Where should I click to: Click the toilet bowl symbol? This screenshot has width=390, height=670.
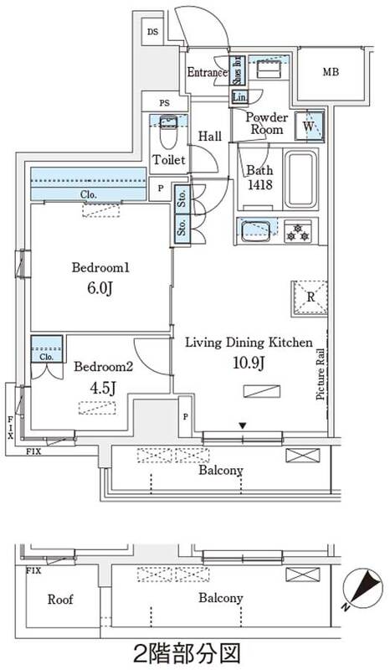pos(168,133)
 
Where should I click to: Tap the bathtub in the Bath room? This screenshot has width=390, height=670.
pos(301,178)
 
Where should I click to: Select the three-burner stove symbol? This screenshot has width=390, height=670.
pos(297,231)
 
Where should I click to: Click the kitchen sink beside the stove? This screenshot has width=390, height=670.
pos(257,230)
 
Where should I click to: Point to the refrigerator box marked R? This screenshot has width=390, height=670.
pos(310,298)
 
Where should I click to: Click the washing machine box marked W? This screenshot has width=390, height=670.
pos(309,126)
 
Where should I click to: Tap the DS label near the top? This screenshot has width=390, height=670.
pos(152,32)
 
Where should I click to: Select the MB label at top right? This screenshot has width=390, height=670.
pos(331,72)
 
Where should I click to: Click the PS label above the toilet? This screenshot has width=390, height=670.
pos(165,103)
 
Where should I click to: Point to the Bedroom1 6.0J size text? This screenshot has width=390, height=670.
pos(100,289)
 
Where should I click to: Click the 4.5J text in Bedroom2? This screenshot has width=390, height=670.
pos(100,388)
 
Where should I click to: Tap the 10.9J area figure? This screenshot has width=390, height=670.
pos(249,363)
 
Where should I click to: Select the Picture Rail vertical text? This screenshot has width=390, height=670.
pos(321,374)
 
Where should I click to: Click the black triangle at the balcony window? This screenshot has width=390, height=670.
pos(243,425)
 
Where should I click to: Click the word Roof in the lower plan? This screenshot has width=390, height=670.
pos(60,600)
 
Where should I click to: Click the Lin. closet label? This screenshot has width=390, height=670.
pos(239,97)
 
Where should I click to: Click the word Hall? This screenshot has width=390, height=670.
pos(210,137)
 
